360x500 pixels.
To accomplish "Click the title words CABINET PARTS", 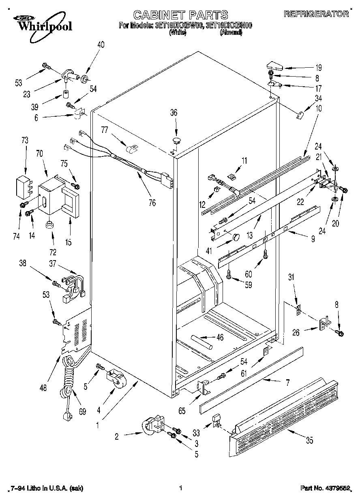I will pyautogui.click(x=180, y=15).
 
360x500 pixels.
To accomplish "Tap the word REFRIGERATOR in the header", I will pyautogui.click(x=316, y=14).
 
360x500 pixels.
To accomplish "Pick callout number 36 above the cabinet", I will pyautogui.click(x=174, y=113).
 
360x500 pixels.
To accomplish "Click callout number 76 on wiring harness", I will pyautogui.click(x=152, y=203).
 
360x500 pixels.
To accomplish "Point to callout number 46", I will pyautogui.click(x=220, y=337).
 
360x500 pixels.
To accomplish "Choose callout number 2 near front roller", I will pyautogui.click(x=117, y=436).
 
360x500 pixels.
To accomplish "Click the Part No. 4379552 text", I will pyautogui.click(x=325, y=488).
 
